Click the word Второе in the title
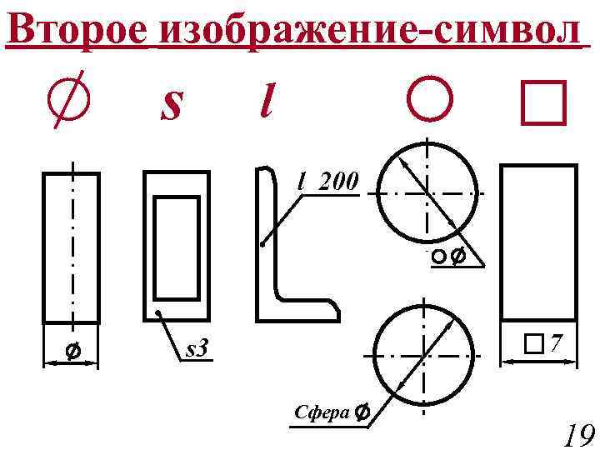click(x=77, y=31)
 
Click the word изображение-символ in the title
click(x=367, y=31)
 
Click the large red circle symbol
click(x=430, y=101)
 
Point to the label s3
click(x=197, y=350)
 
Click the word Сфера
click(x=322, y=412)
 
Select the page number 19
click(x=577, y=434)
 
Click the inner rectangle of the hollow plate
click(x=177, y=247)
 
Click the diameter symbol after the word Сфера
click(x=362, y=412)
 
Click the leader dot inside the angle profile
click(x=262, y=245)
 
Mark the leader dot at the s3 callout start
click(x=158, y=314)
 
